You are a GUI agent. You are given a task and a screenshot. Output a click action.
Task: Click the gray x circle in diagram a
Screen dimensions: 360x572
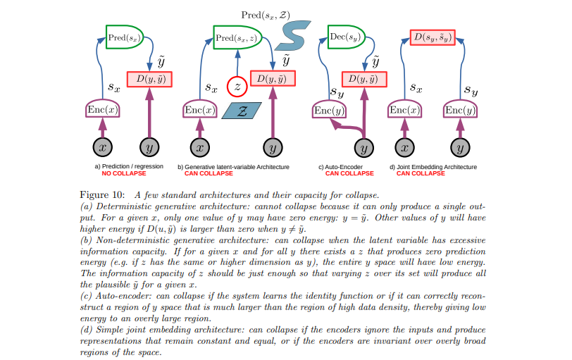(x=104, y=149)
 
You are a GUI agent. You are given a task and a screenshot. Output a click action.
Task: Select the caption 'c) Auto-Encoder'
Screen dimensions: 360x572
(x=342, y=167)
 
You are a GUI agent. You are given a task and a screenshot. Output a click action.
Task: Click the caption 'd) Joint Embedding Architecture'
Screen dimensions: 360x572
(x=431, y=167)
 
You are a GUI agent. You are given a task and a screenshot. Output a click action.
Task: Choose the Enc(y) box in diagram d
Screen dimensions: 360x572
(x=459, y=111)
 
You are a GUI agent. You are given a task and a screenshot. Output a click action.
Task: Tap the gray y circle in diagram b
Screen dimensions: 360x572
(x=272, y=149)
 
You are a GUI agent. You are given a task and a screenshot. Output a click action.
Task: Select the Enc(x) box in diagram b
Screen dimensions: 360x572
(x=200, y=111)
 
